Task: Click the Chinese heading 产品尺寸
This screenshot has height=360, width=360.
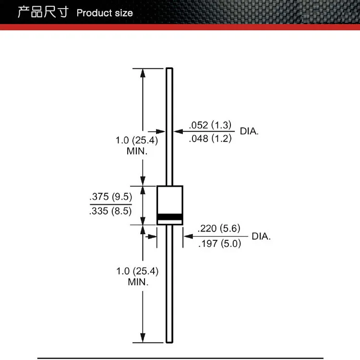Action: click(x=43, y=12)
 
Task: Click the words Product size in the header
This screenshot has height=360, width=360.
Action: click(x=105, y=13)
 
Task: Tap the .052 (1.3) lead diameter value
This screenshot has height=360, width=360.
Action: click(x=211, y=125)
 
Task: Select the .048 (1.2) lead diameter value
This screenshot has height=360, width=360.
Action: click(x=211, y=139)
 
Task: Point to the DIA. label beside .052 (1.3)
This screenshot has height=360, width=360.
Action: click(x=249, y=131)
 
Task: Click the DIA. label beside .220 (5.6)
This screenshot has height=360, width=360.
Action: click(x=261, y=236)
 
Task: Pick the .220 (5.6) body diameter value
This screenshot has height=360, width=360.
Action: click(x=219, y=228)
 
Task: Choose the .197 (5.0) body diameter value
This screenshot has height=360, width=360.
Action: click(x=219, y=243)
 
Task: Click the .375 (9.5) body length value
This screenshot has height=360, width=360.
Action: click(x=110, y=197)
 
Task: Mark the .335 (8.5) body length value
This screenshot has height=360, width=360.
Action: click(x=110, y=210)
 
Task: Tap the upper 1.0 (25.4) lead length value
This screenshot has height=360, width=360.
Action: click(x=137, y=141)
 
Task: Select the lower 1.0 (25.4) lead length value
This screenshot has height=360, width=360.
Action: click(x=137, y=271)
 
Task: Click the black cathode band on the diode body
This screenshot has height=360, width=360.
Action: click(x=170, y=216)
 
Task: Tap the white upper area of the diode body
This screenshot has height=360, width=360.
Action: click(x=170, y=199)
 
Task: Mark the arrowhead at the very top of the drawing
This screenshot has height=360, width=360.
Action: click(x=143, y=72)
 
